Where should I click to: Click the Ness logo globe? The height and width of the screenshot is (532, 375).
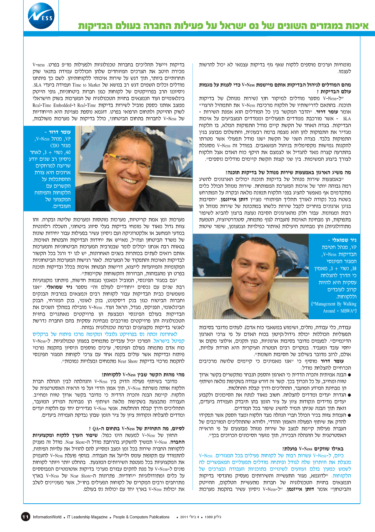point(41,15)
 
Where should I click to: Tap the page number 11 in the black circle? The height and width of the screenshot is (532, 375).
point(25,517)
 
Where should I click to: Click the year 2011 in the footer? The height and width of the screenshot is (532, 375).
point(185,517)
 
